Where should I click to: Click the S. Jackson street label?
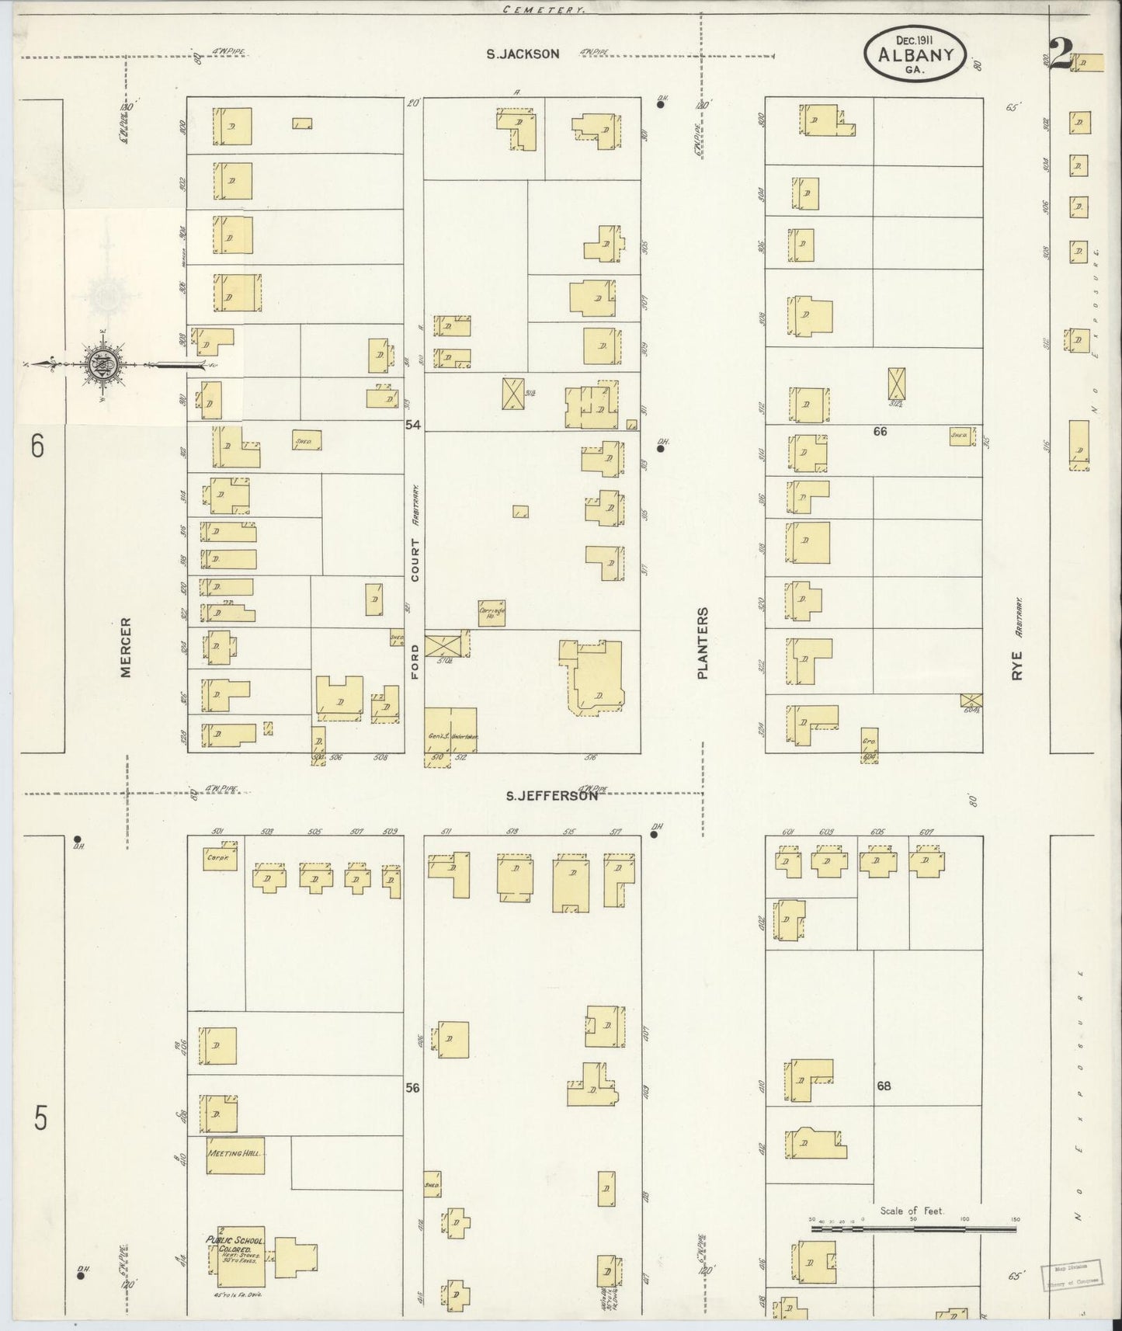[523, 54]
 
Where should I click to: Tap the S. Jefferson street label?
[551, 795]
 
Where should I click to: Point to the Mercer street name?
[126, 647]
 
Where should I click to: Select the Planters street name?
[703, 643]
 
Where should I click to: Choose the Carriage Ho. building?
[492, 613]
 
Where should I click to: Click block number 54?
[412, 425]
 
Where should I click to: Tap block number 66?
[879, 431]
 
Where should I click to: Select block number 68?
[884, 1086]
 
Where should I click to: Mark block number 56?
[412, 1088]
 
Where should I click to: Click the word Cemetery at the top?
[544, 10]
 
